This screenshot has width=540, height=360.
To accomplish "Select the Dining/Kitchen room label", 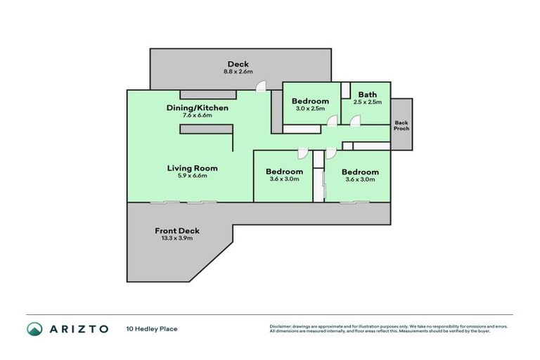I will [198, 108].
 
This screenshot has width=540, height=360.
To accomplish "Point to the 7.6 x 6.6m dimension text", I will [198, 115].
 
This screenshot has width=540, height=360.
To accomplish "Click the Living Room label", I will [192, 168].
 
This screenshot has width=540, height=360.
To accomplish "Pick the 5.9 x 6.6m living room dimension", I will [192, 176].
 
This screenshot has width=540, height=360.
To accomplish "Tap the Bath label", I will [367, 95].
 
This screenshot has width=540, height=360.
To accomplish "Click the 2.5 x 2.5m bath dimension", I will [367, 103].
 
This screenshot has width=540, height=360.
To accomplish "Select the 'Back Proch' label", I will [401, 125].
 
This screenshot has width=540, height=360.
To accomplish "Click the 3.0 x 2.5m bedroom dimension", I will [310, 109].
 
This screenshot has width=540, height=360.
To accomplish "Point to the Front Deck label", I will [177, 231].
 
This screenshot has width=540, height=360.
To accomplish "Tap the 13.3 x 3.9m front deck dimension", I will [177, 238].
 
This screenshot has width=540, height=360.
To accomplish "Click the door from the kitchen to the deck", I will [261, 86].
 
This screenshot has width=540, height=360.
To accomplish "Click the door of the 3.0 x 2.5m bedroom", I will [332, 121].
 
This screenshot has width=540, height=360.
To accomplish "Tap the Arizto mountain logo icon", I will [34, 328].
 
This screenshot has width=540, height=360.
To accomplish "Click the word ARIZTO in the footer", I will [78, 328].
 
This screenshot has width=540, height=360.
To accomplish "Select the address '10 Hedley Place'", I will [151, 328].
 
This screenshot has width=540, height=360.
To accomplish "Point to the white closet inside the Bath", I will [345, 90].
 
